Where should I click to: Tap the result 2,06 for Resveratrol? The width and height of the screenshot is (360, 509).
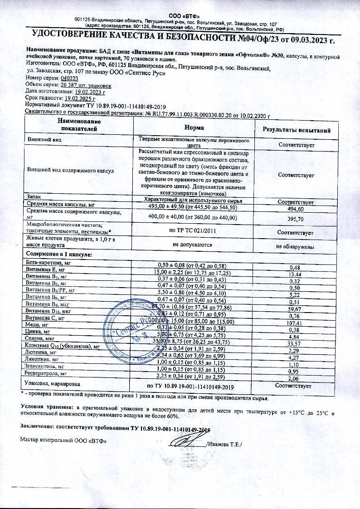pyautogui.click(x=295, y=378)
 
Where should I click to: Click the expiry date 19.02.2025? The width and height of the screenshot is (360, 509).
pyautogui.click(x=81, y=98)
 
